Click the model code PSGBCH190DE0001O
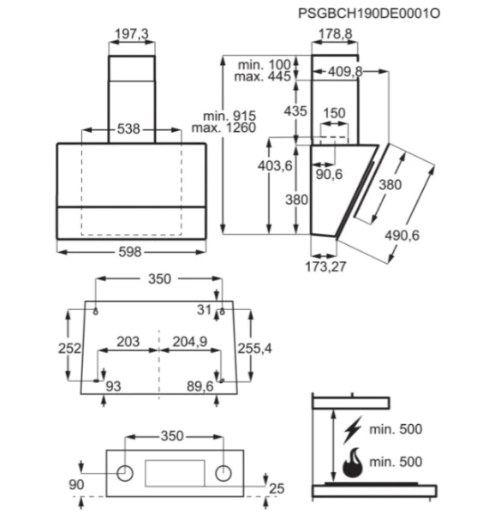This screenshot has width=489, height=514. pyautogui.click(x=369, y=14)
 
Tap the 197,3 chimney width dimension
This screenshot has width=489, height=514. pyautogui.click(x=132, y=33)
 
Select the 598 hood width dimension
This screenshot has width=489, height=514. pyautogui.click(x=130, y=252)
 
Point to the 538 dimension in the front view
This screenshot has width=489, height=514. pyautogui.click(x=128, y=128)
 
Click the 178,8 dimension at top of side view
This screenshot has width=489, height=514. pyautogui.click(x=336, y=33)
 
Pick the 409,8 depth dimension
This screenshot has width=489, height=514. pyautogui.click(x=345, y=71)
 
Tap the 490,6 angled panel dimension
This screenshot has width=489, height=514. pyautogui.click(x=403, y=236)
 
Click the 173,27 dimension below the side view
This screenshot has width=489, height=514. pyautogui.click(x=325, y=266)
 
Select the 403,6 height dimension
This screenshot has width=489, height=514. pyautogui.click(x=275, y=166)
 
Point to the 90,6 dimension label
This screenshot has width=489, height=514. pyautogui.click(x=329, y=175)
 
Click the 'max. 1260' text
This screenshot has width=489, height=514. pyautogui.click(x=224, y=128)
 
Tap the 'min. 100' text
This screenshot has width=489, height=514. pyautogui.click(x=265, y=65)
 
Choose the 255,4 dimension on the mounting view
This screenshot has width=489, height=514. pyautogui.click(x=254, y=349)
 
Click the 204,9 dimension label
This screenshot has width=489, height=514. pyautogui.click(x=190, y=342)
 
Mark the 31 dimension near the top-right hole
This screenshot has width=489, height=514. pyautogui.click(x=204, y=310)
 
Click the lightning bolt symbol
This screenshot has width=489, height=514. pyautogui.click(x=352, y=429)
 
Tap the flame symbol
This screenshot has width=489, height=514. pyautogui.click(x=353, y=463)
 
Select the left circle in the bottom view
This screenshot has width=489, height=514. pyautogui.click(x=125, y=474)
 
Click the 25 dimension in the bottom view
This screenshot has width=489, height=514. pyautogui.click(x=277, y=489)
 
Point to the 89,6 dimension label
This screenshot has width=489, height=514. pyautogui.click(x=200, y=386)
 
